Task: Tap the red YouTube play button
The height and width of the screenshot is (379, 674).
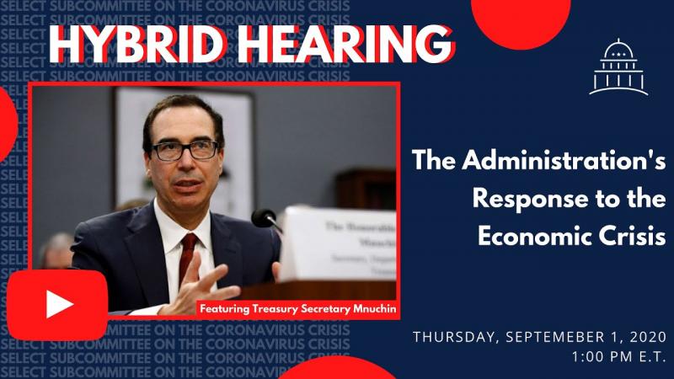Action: [x=57, y=304]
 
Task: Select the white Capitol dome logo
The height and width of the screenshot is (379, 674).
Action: [x=618, y=67]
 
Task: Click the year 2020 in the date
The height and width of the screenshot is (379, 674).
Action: [x=645, y=338]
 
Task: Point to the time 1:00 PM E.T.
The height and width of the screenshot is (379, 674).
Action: [x=619, y=357]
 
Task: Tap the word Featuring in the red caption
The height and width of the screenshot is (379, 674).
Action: [x=228, y=308]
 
